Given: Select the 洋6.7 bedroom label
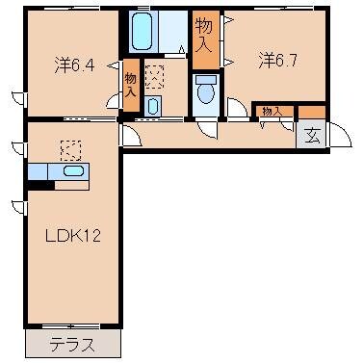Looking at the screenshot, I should pos(276,60).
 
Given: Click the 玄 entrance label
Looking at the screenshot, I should pos(313,136).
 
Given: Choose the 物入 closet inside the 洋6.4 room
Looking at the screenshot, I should pos(131,82).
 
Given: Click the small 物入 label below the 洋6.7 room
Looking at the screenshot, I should pos(271,112).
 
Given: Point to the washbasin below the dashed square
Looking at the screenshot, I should pos(153,105).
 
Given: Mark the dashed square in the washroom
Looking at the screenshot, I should pos(154,76).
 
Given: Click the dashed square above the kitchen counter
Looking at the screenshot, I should pos(70,150).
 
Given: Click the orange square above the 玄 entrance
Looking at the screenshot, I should pos(313,112).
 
